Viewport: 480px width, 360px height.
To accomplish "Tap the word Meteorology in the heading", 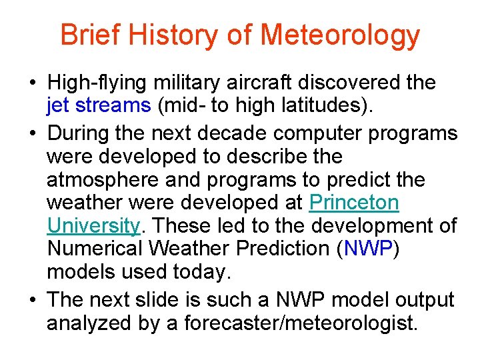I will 341,36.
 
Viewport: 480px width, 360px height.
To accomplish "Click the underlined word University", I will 93,227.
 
